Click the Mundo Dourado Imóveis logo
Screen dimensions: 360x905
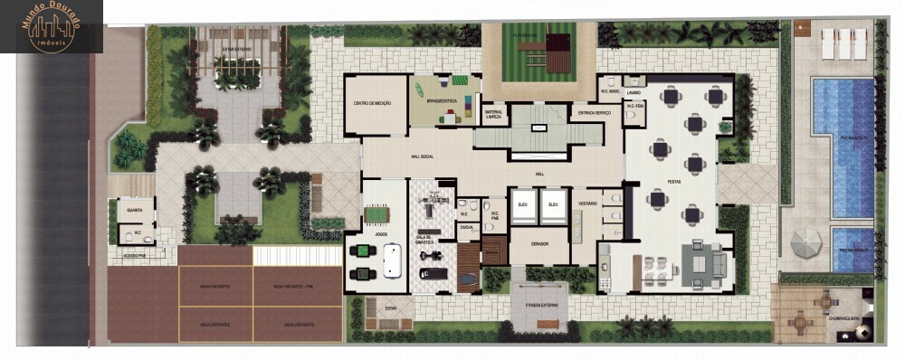tap(52, 26)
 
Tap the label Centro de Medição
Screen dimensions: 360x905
tap(374, 104)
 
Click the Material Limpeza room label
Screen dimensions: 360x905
tap(493, 113)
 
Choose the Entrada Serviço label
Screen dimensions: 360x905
tap(594, 112)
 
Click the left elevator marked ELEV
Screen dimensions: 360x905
tap(522, 205)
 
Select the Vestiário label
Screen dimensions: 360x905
tap(586, 204)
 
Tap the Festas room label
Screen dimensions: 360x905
tap(674, 181)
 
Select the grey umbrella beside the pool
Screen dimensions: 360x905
tap(806, 242)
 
